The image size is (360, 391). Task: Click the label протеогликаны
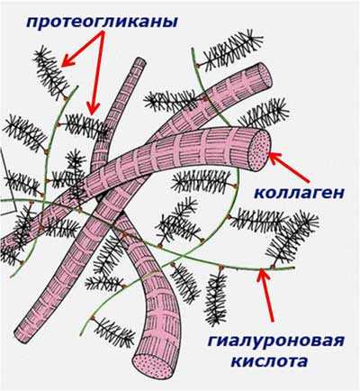point(102,22)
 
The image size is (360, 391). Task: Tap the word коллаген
point(299,193)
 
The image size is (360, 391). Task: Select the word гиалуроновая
point(275,341)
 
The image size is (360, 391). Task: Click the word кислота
point(270,360)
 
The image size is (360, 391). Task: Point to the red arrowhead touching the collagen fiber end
point(275,158)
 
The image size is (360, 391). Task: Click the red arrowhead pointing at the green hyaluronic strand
point(263,276)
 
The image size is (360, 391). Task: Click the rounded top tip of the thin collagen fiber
point(139,62)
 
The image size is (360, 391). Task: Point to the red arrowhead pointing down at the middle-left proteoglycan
point(94,109)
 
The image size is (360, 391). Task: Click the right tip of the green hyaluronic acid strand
point(293,267)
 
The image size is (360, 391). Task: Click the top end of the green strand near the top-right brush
point(193,49)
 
